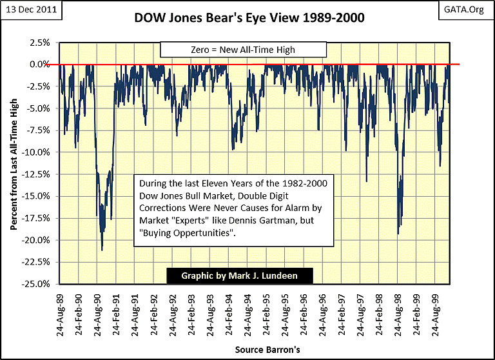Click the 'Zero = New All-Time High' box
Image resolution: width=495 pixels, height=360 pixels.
(244, 48)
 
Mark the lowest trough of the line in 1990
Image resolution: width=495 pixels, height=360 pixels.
(102, 250)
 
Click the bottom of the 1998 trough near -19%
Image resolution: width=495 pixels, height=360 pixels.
(398, 233)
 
